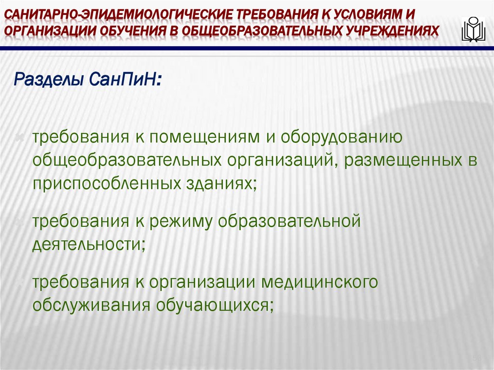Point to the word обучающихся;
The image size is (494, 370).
pos(214,306)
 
